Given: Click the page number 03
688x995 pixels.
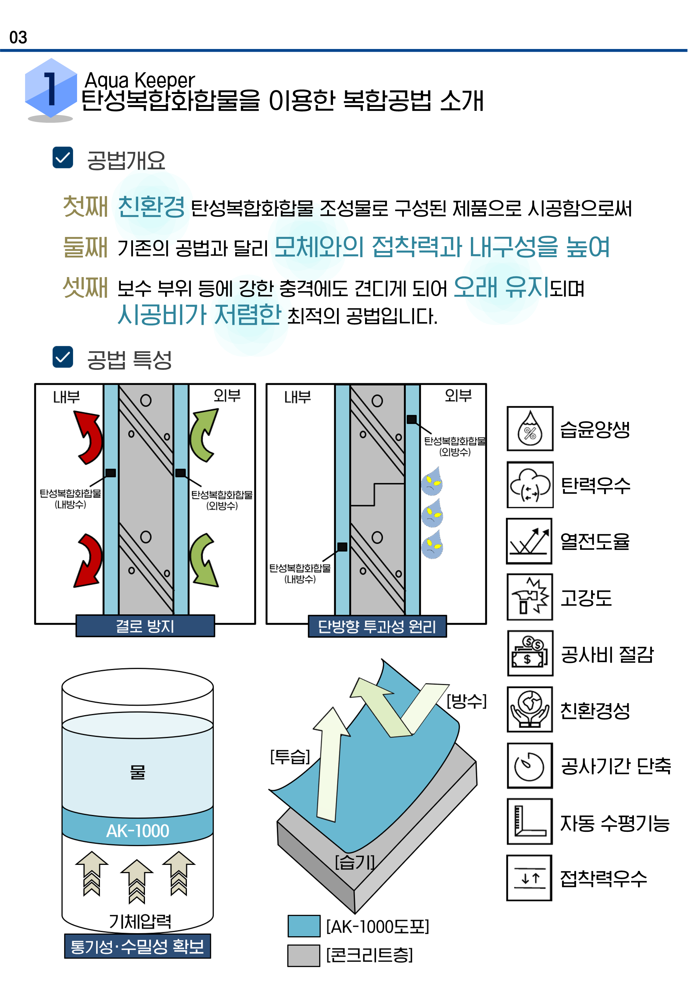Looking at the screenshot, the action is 18,38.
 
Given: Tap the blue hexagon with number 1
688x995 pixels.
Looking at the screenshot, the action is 51,88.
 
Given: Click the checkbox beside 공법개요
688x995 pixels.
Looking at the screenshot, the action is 62,157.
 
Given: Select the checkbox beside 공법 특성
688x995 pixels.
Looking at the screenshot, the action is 62,357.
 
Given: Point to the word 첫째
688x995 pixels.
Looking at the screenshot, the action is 85,206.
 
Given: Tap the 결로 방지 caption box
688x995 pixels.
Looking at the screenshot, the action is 145,626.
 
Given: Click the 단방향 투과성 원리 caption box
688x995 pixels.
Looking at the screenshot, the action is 377,626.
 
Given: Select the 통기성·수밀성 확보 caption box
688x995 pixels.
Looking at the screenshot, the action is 138,946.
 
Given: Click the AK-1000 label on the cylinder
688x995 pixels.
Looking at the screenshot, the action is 138,831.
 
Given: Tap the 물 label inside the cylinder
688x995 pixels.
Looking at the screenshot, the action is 138,772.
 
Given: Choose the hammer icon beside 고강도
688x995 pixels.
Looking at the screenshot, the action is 530,597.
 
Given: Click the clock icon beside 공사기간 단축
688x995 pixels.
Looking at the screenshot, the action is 530,765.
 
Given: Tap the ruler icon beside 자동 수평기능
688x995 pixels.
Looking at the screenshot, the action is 530,821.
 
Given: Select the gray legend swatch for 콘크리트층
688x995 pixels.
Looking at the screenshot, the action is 304,955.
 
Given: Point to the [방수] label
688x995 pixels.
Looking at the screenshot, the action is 466,701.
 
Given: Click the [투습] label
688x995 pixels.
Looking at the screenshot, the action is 290,757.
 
